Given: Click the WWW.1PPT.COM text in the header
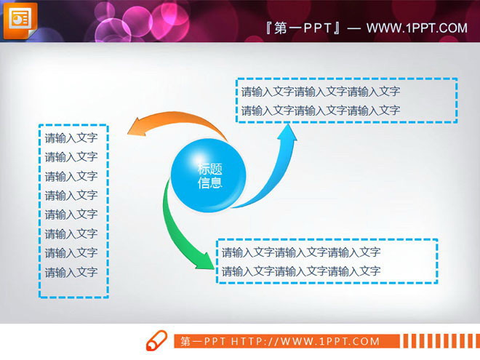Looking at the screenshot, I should tap(417, 28).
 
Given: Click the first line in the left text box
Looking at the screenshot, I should tap(71, 138).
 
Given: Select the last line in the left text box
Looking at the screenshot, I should tap(71, 273).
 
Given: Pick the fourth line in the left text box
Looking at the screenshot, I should tap(71, 196).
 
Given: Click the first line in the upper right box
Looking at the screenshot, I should tap(320, 92).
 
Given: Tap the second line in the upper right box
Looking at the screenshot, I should tap(320, 111).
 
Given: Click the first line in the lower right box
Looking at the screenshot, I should tap(300, 252).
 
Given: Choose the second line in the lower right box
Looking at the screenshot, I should tap(300, 271).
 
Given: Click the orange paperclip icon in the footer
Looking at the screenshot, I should tap(156, 341).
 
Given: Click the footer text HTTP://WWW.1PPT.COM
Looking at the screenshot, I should tap(305, 341).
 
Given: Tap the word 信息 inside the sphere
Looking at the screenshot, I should tap(209, 183).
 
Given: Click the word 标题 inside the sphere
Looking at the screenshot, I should tap(209, 169).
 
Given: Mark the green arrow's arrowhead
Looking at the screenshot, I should tap(205, 260).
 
